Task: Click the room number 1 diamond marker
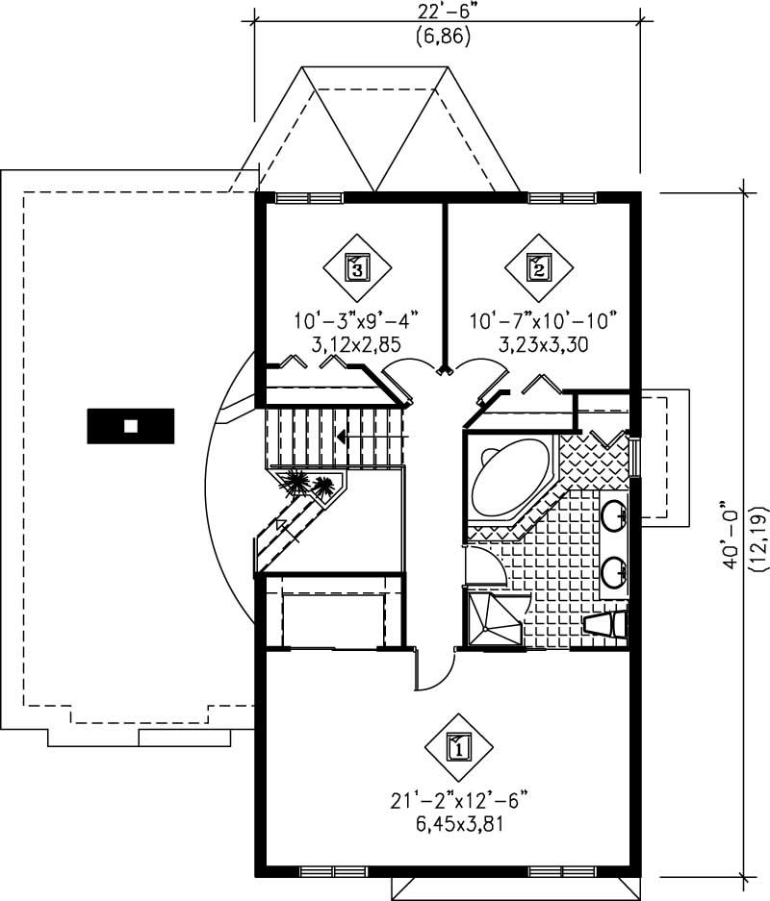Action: click(459, 744)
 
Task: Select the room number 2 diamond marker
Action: click(537, 266)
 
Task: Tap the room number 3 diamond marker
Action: click(357, 266)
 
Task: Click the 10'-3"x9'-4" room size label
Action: click(356, 319)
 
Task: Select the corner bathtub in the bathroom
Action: click(508, 481)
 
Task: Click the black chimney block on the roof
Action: click(131, 426)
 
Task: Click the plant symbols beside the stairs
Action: click(310, 483)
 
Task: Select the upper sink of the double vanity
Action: click(613, 517)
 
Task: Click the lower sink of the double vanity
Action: click(613, 574)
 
